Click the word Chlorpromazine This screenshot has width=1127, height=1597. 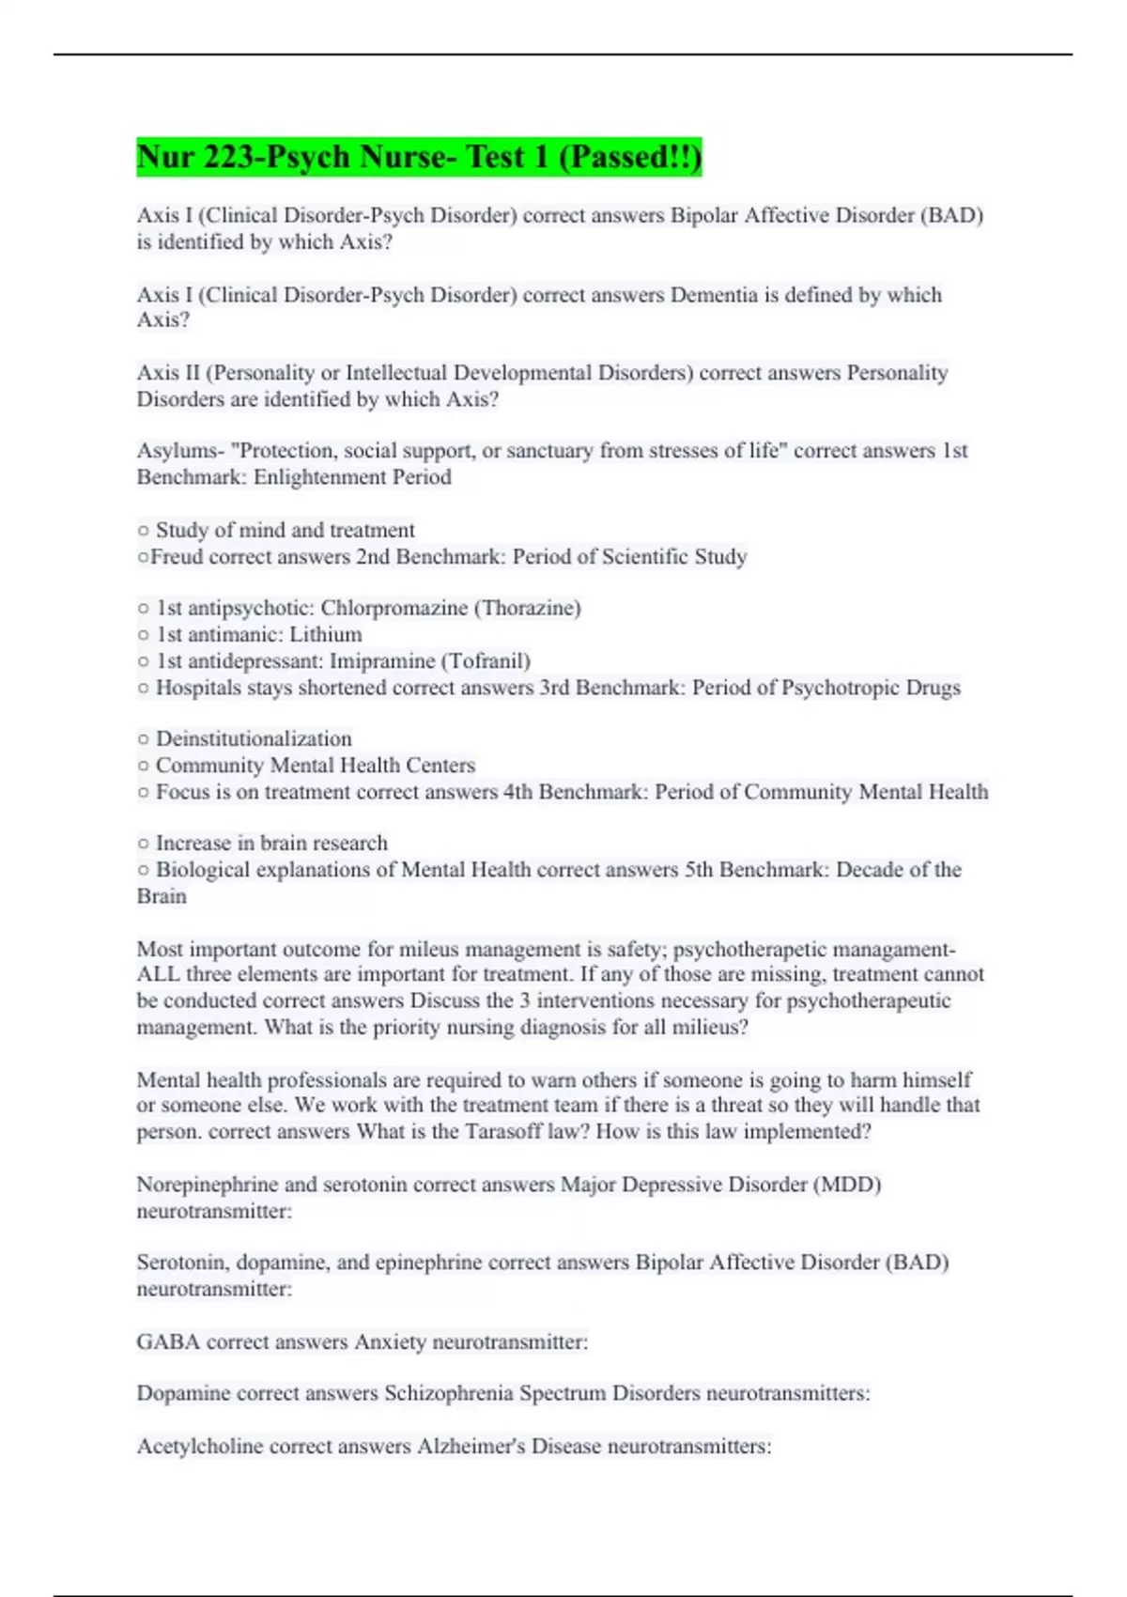394,608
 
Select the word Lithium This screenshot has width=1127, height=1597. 325,634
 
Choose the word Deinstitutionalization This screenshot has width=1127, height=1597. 254,738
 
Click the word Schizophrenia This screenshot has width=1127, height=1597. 448,1393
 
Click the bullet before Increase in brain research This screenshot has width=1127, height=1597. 143,844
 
